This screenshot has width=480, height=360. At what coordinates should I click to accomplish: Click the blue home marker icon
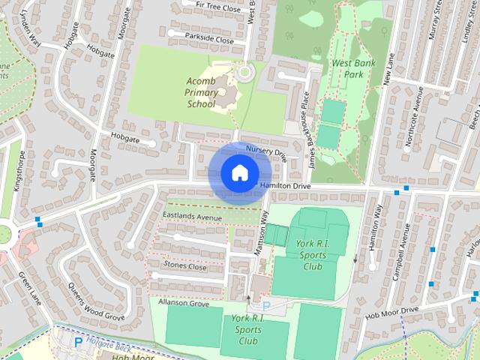[238, 172]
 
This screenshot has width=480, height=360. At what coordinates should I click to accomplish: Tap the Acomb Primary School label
[201, 91]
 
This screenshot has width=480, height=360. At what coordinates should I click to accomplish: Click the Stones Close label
[185, 265]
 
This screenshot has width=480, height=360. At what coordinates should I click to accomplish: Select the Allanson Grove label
[183, 304]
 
